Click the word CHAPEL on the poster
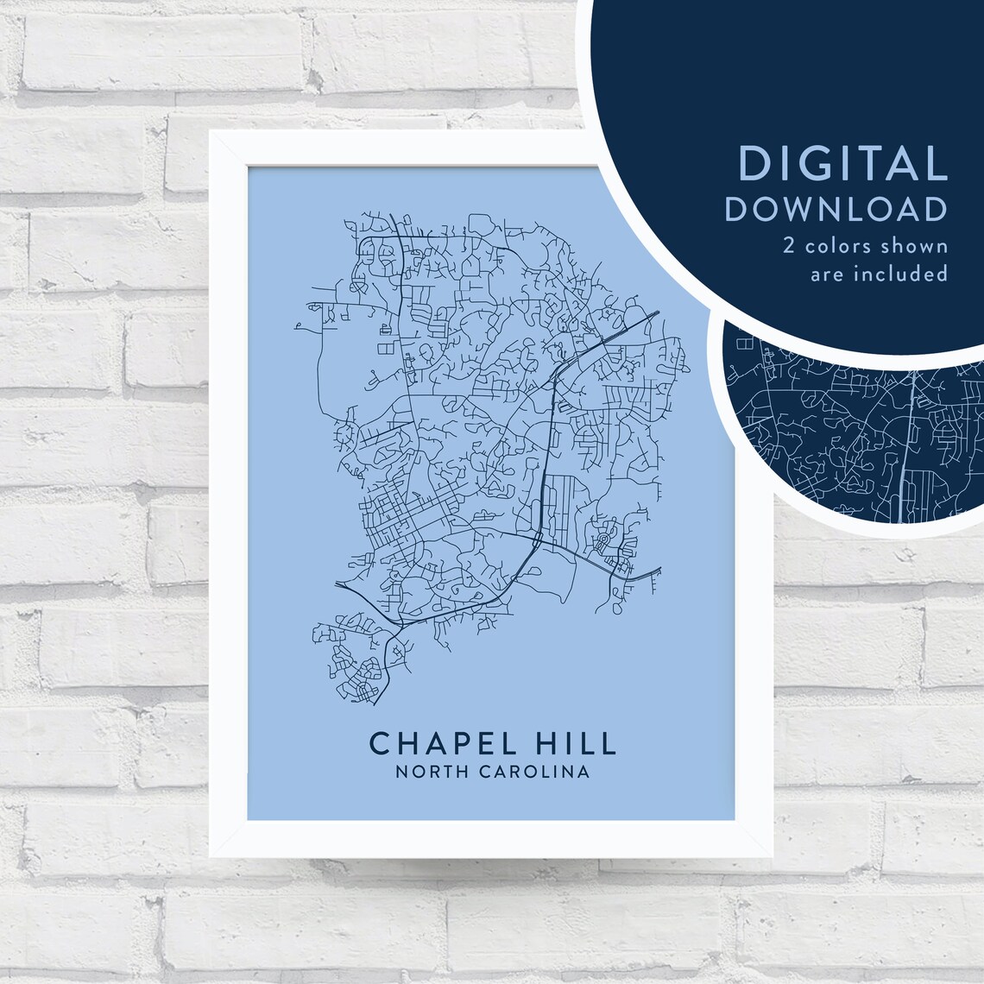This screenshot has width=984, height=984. [x=429, y=742]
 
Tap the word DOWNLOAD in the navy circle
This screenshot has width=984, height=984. [x=836, y=210]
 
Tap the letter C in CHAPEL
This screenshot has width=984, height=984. [x=379, y=742]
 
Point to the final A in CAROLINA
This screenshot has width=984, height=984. [x=584, y=772]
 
